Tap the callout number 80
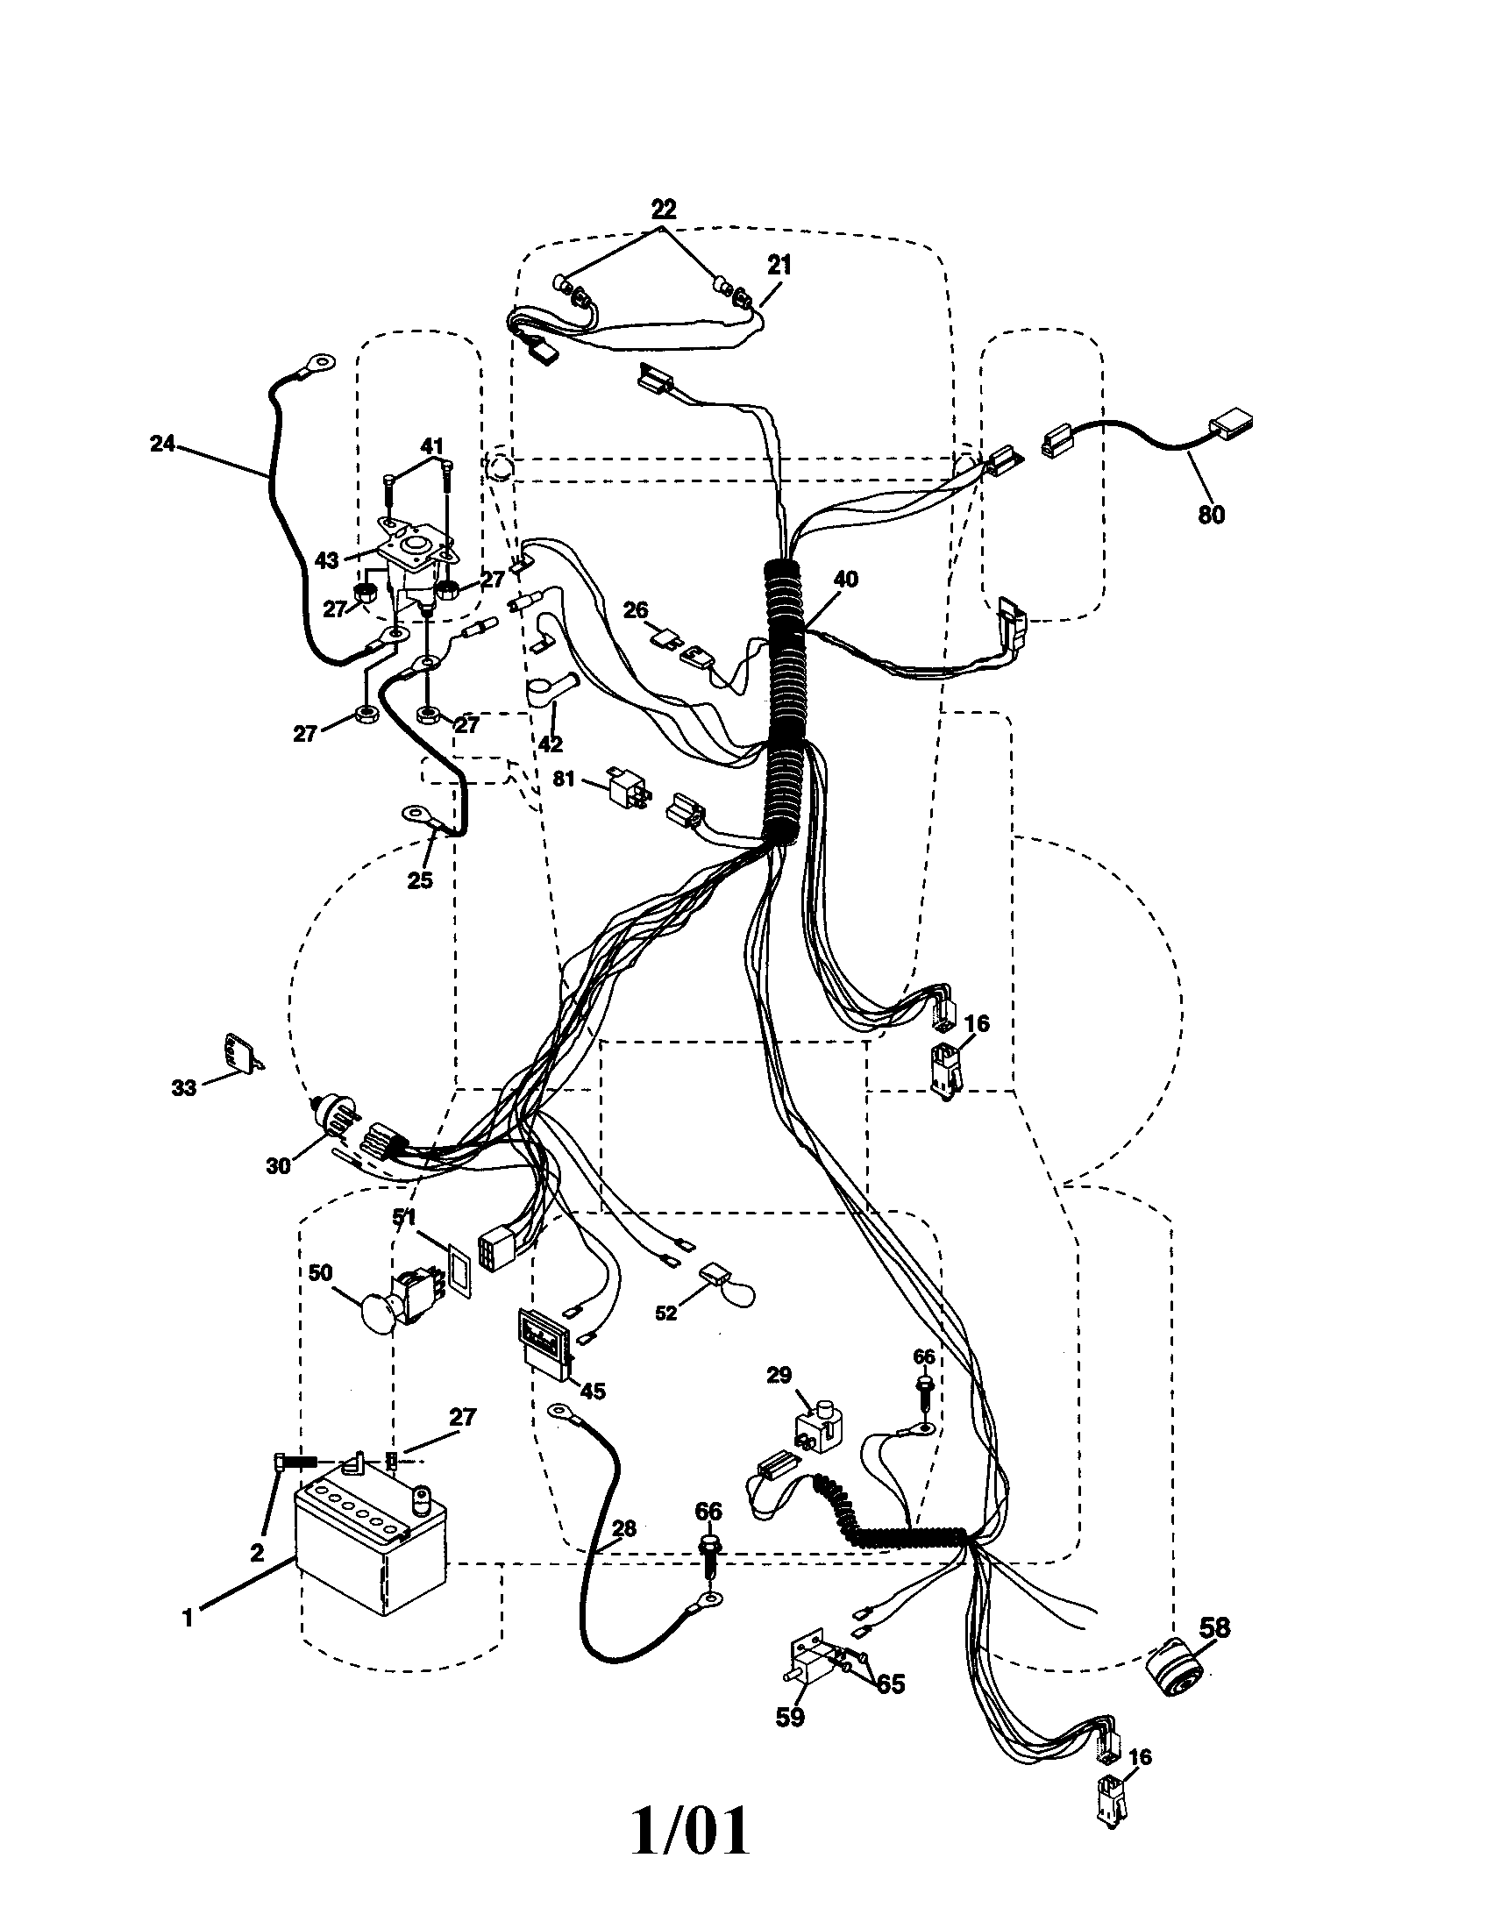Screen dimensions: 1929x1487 [x=1212, y=515]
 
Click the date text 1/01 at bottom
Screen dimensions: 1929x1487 [x=691, y=1832]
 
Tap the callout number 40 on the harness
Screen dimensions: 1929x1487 [x=845, y=580]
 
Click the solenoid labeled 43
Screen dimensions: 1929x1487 [x=413, y=561]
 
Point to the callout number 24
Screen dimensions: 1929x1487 [x=162, y=444]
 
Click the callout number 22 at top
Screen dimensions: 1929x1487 [x=663, y=210]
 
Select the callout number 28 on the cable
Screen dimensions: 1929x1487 [x=623, y=1528]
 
